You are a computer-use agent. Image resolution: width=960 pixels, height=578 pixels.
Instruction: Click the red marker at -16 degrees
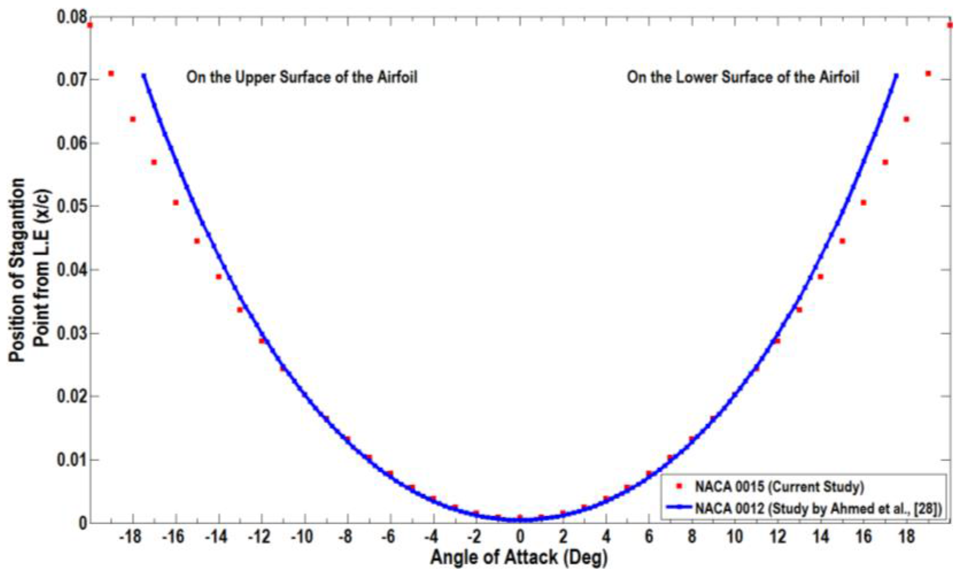click(x=176, y=202)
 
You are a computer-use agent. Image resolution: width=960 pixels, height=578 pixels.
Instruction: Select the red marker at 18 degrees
click(x=906, y=119)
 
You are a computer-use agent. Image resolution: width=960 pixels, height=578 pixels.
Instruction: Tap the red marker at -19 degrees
click(x=111, y=73)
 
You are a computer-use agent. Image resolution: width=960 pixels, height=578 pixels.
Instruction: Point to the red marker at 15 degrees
click(x=842, y=241)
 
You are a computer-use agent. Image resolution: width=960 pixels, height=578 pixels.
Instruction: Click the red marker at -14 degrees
click(x=219, y=276)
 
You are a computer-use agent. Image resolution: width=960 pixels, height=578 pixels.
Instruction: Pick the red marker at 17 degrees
click(x=885, y=162)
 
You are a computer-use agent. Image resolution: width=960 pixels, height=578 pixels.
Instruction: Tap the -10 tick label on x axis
click(x=302, y=537)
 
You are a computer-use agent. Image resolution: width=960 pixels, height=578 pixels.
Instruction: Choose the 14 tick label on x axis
click(x=821, y=537)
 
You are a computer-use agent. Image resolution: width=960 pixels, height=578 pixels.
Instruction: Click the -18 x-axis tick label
click(x=130, y=537)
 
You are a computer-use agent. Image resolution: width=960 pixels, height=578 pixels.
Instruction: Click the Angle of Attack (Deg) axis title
click(x=519, y=558)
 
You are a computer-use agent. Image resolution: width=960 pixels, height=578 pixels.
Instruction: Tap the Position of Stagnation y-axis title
click(x=18, y=269)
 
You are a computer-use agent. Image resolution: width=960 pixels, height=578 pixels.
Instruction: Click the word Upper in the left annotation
click(x=255, y=77)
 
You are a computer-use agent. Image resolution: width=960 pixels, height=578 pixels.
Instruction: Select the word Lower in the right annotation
click(x=697, y=77)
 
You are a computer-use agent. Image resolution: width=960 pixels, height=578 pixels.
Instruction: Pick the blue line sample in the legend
click(x=679, y=507)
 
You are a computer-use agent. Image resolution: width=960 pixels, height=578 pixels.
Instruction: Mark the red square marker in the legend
click(x=679, y=486)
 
